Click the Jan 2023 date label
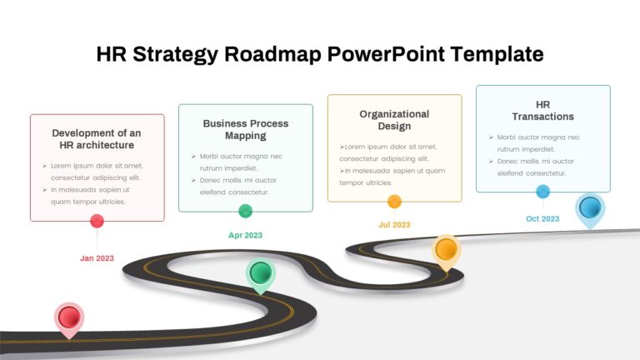97,258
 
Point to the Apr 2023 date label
245,236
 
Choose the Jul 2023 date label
394,225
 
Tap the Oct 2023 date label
542,219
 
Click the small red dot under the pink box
97,221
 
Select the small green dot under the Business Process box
245,211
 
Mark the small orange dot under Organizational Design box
394,201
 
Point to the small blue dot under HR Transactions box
542,192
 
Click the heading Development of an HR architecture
97,139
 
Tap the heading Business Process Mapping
246,129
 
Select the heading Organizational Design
394,120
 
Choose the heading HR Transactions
542,111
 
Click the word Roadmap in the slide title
272,54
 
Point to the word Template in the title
497,54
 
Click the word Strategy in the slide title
175,54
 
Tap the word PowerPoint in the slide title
386,54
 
